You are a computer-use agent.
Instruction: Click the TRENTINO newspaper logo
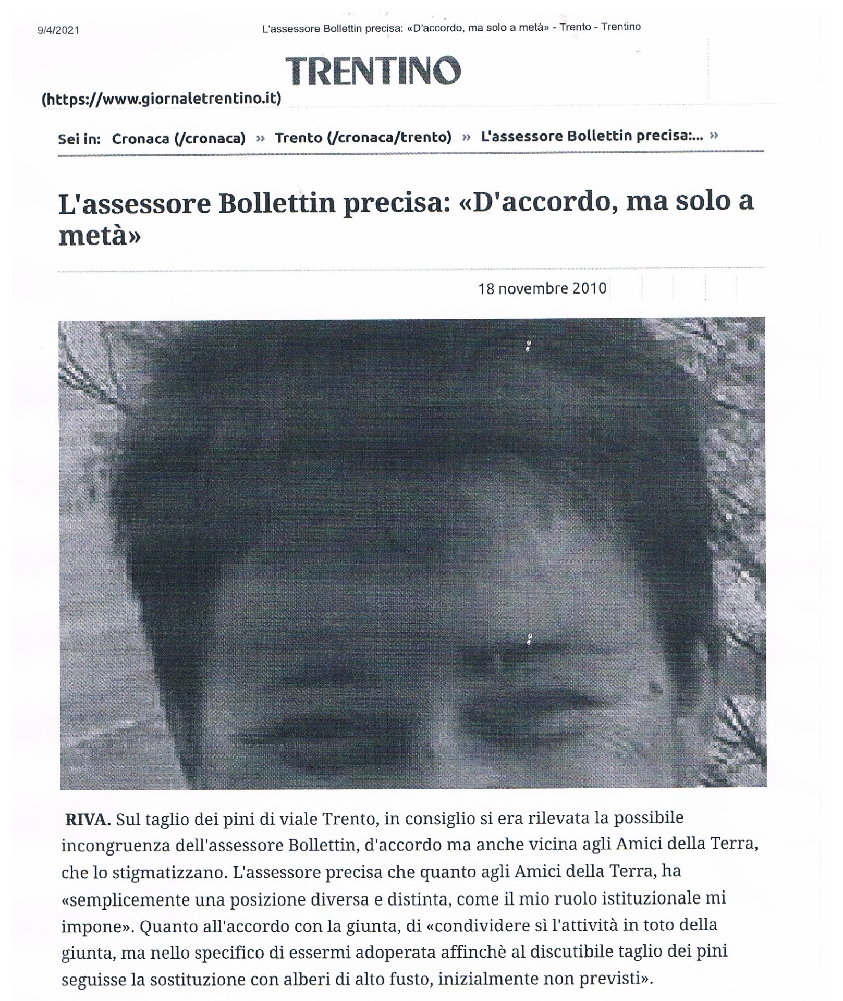[373, 71]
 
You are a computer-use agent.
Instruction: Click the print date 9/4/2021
[58, 30]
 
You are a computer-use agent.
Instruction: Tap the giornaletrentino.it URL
[162, 98]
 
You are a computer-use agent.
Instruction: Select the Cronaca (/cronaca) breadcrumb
[178, 138]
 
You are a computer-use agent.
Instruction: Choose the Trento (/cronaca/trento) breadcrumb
[363, 137]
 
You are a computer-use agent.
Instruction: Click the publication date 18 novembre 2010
[542, 288]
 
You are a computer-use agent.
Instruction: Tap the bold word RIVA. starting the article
[88, 819]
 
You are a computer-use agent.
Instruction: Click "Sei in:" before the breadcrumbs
[79, 139]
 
